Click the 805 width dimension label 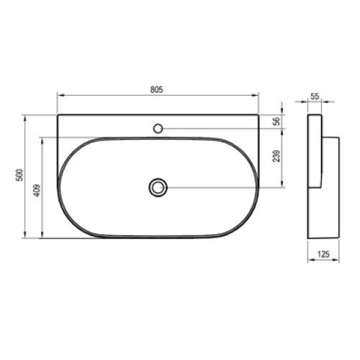click(x=156, y=89)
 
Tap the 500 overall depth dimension click(x=19, y=175)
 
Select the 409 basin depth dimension click(x=37, y=190)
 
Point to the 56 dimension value click(x=276, y=121)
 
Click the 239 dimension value click(x=276, y=156)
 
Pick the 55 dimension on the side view click(x=315, y=96)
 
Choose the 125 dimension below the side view click(x=323, y=254)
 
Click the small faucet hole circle click(x=158, y=129)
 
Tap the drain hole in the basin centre click(x=158, y=187)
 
